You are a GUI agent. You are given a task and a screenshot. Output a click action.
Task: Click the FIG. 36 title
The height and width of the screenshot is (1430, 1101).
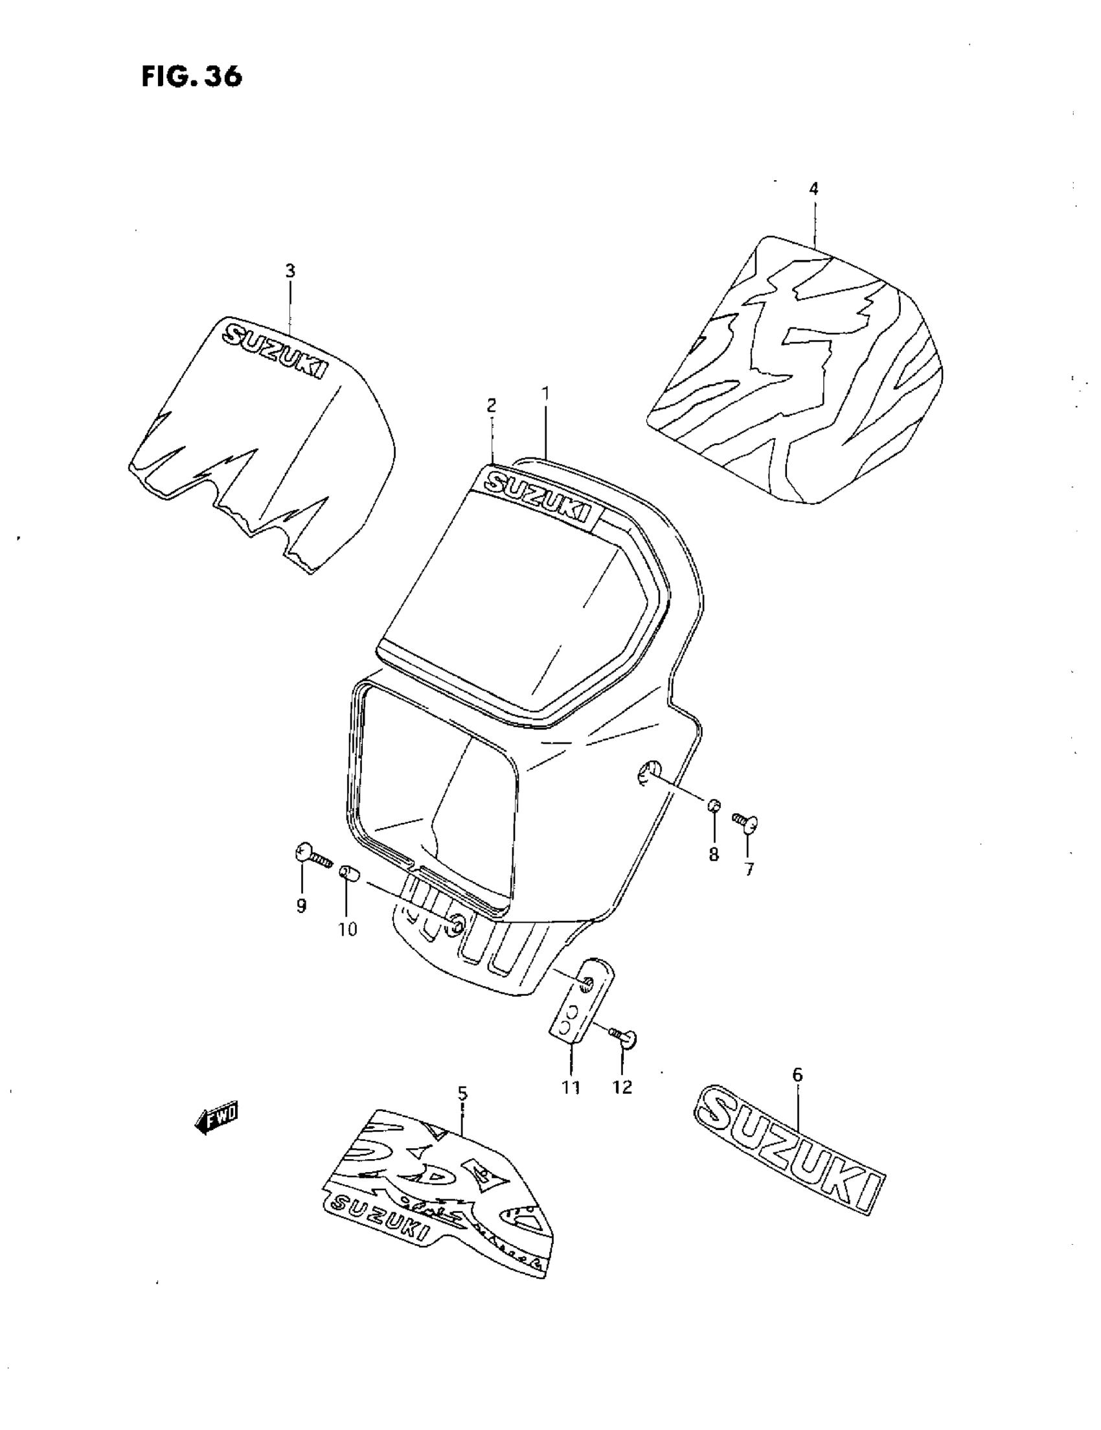coord(191,76)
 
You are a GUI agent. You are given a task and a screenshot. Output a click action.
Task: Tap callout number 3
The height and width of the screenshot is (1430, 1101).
coord(290,270)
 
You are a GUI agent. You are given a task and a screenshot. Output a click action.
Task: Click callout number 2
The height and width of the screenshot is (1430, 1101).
coord(491,406)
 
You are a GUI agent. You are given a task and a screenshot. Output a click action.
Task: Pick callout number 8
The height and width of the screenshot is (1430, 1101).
coord(714,854)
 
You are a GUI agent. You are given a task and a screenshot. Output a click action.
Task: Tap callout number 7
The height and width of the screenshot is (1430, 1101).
coord(749,869)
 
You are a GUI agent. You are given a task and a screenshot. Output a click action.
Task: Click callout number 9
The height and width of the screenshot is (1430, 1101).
coord(302,906)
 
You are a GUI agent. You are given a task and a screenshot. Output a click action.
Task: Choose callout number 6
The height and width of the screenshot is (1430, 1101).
coord(797,1074)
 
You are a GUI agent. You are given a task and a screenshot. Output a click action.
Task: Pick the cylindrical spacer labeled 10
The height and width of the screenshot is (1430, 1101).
coord(347,874)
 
